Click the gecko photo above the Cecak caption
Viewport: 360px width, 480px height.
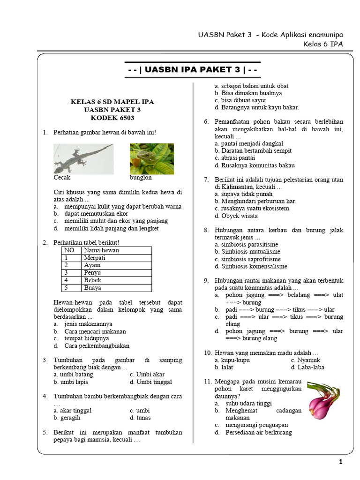click(83, 159)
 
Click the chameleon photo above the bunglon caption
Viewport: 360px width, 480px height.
click(151, 159)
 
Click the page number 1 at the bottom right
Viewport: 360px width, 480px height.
click(341, 462)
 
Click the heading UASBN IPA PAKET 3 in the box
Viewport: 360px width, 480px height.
click(193, 70)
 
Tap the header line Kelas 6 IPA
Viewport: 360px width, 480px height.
click(323, 45)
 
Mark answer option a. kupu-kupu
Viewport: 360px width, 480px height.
click(232, 360)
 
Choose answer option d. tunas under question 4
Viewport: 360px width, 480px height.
click(140, 418)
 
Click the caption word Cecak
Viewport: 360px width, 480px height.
click(62, 178)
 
